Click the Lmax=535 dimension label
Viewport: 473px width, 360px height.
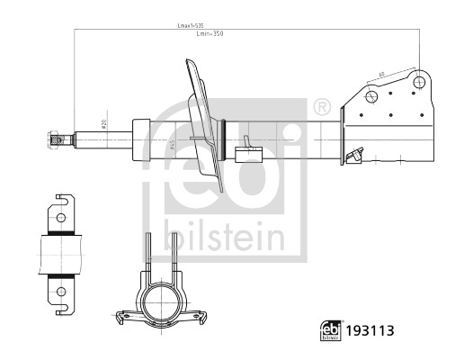coord(199,27)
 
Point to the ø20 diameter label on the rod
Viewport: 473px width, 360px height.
coord(104,124)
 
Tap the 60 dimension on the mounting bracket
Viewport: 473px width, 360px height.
coord(382,74)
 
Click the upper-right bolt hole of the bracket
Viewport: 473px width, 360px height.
coord(418,82)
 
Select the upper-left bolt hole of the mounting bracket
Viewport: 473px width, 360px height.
coord(370,96)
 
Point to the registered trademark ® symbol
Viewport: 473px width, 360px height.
coord(322,107)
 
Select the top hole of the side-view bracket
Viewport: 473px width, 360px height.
coord(59,217)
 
